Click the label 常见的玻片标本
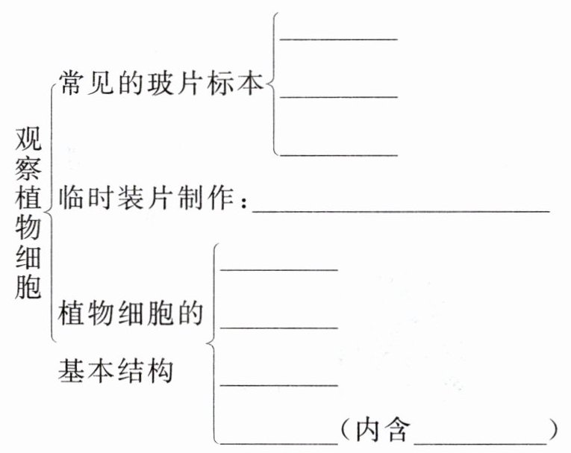pyautogui.click(x=161, y=84)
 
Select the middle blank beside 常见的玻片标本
pyautogui.click(x=338, y=96)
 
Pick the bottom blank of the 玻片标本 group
pyautogui.click(x=338, y=154)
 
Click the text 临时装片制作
pyautogui.click(x=149, y=199)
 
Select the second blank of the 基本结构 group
pyautogui.click(x=279, y=326)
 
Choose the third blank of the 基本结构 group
pyautogui.click(x=279, y=384)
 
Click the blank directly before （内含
pyautogui.click(x=279, y=443)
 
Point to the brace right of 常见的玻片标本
pyautogui.click(x=273, y=84)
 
